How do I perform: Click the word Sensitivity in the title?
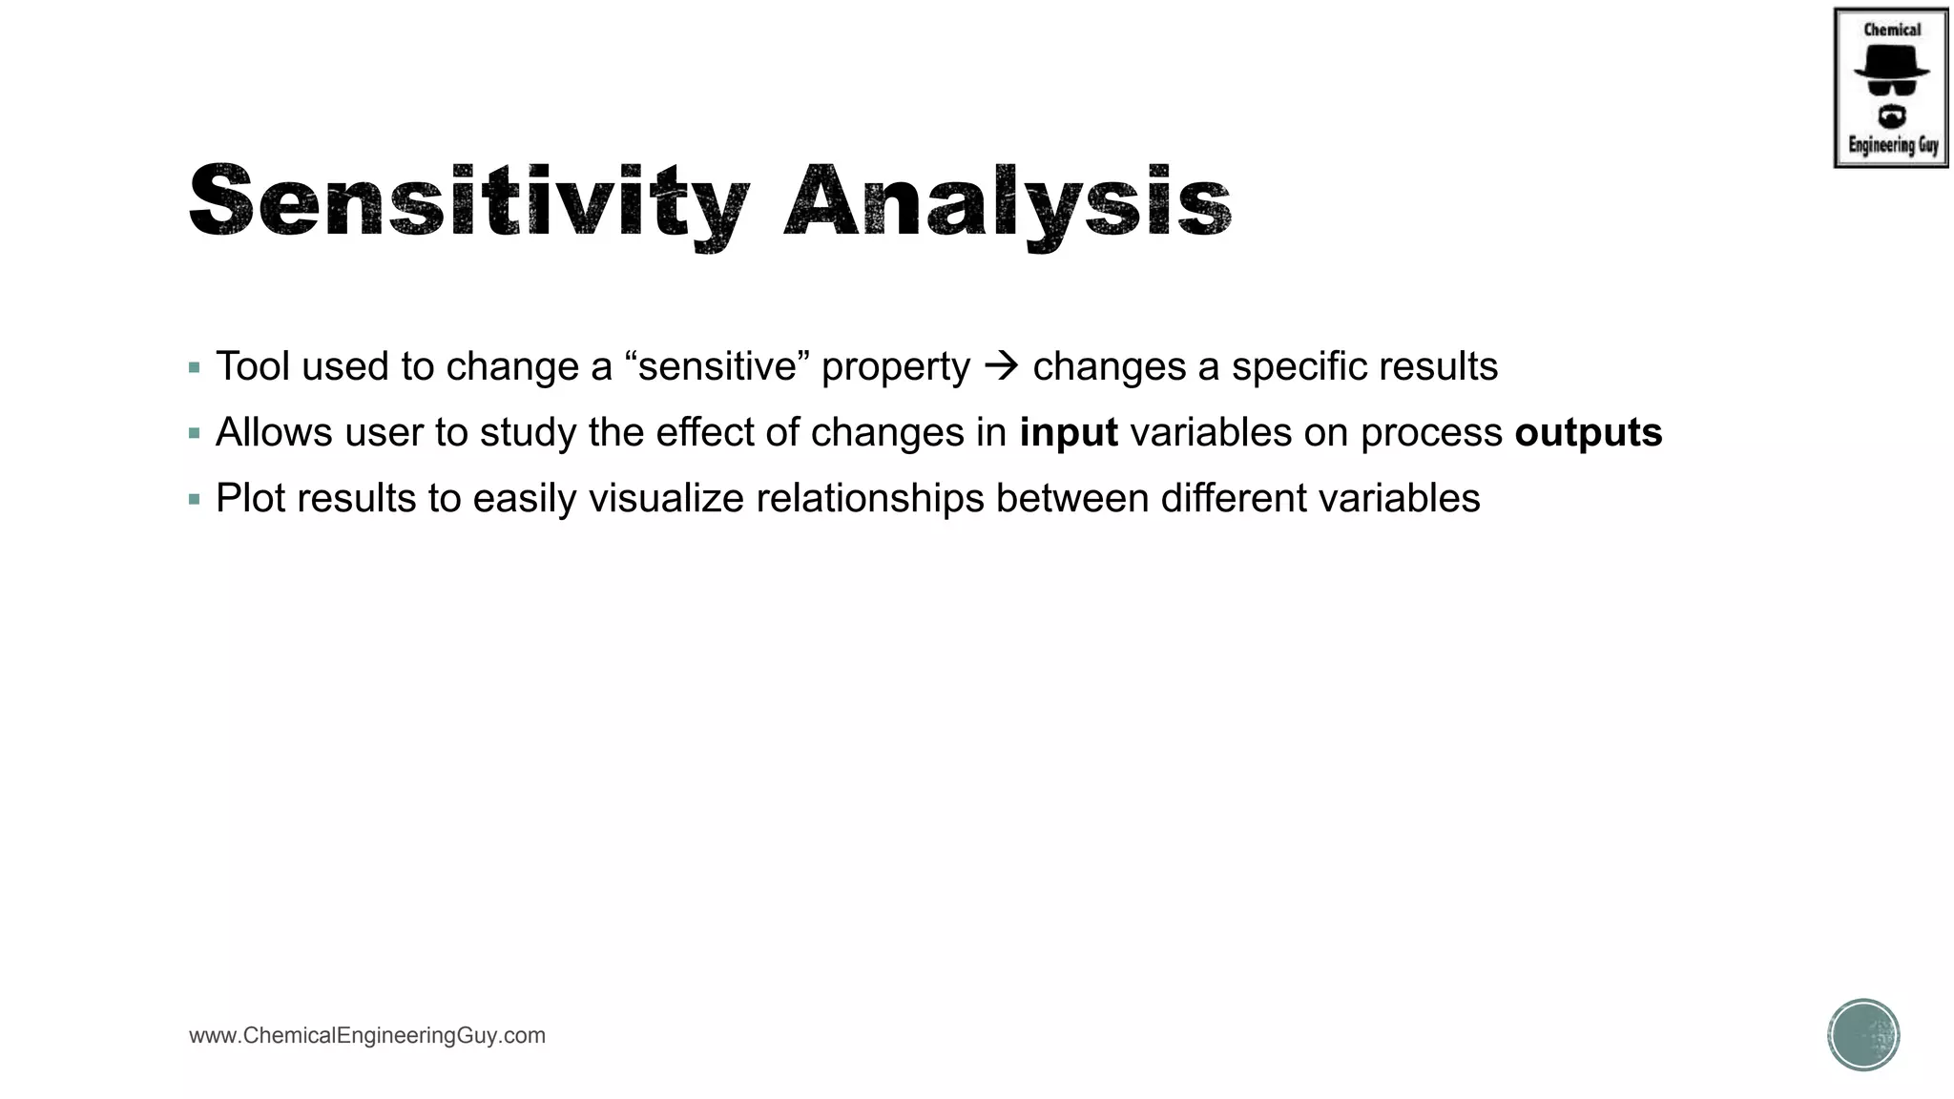pyautogui.click(x=468, y=202)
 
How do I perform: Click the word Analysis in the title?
pyautogui.click(x=1008, y=202)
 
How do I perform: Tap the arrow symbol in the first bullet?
pyautogui.click(x=1001, y=366)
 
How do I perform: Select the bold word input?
pyautogui.click(x=1068, y=433)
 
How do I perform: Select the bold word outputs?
pyautogui.click(x=1588, y=433)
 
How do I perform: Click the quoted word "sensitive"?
pyautogui.click(x=717, y=366)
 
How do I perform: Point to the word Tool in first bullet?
pyautogui.click(x=252, y=366)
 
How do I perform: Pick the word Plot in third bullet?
pyautogui.click(x=250, y=499)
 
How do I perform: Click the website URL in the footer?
pyautogui.click(x=367, y=1036)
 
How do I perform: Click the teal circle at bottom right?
pyautogui.click(x=1863, y=1035)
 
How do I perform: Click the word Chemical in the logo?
pyautogui.click(x=1892, y=30)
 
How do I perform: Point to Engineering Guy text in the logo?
pyautogui.click(x=1893, y=145)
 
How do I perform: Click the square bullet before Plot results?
pyautogui.click(x=195, y=499)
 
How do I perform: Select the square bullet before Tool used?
pyautogui.click(x=195, y=367)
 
